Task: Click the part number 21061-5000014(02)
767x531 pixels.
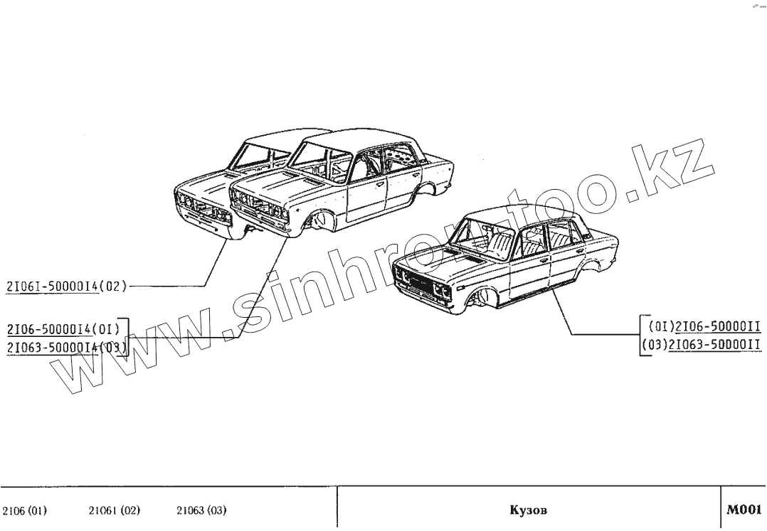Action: coord(66,286)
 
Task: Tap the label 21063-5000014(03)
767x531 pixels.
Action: coord(66,348)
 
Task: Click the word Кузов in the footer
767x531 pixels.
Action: coord(529,510)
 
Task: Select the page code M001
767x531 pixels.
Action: coord(744,509)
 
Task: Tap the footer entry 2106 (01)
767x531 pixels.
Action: coord(25,510)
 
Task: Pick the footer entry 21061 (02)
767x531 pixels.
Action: coord(114,510)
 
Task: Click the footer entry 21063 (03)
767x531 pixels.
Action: coord(201,510)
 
